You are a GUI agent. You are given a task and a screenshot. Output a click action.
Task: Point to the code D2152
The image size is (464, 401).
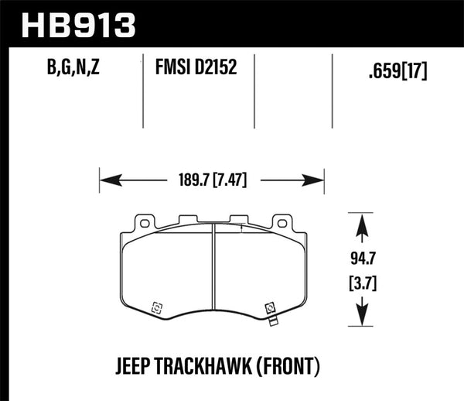[214, 71]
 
